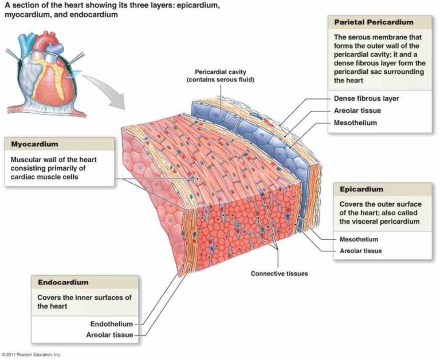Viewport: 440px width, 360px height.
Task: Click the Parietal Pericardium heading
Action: click(374, 22)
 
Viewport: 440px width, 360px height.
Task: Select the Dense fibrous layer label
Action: click(366, 98)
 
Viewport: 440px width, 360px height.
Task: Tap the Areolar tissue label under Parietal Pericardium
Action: click(357, 110)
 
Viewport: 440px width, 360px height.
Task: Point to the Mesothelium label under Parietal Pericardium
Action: click(355, 122)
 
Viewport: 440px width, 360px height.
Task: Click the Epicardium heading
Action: click(362, 189)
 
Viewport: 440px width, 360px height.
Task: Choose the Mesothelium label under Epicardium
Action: click(359, 239)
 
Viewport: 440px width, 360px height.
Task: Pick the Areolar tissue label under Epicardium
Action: click(360, 251)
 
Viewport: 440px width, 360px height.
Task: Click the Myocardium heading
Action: click(34, 144)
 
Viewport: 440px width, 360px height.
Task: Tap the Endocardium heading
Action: click(63, 282)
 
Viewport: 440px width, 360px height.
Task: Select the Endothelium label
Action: click(111, 324)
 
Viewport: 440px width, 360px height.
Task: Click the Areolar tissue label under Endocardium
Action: click(109, 335)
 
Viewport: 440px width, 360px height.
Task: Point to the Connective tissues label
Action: click(279, 274)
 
